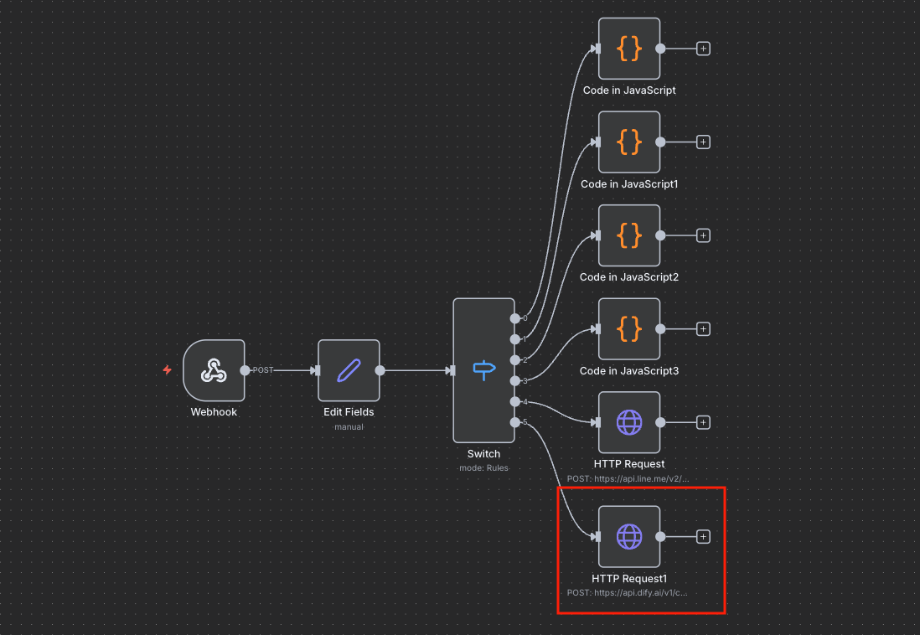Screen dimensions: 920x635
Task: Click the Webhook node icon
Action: click(x=214, y=370)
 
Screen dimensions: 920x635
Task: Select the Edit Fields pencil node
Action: click(x=349, y=370)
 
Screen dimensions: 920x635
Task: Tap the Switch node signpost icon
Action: click(x=484, y=370)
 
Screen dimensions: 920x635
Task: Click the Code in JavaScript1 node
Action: click(x=629, y=142)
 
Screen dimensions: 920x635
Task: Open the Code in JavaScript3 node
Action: click(x=629, y=328)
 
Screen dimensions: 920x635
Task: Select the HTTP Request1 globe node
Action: click(x=629, y=536)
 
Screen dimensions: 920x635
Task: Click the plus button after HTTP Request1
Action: click(x=703, y=536)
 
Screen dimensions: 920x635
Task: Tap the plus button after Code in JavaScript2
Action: click(x=703, y=235)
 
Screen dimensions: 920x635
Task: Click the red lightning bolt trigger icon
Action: click(x=168, y=369)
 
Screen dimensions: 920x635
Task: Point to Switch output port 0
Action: click(x=514, y=318)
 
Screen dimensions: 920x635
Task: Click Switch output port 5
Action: click(x=514, y=422)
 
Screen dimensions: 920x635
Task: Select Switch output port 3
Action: click(x=514, y=381)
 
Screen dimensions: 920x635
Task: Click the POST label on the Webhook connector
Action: click(x=263, y=370)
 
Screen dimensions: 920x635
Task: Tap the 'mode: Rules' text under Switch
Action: click(x=483, y=467)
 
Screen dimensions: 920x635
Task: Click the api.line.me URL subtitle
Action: click(x=628, y=478)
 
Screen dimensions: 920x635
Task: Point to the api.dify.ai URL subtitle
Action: click(x=627, y=593)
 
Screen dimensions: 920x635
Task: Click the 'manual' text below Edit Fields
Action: click(x=349, y=426)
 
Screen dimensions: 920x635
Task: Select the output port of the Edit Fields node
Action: click(x=380, y=370)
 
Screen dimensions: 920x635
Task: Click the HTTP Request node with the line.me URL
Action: click(x=629, y=422)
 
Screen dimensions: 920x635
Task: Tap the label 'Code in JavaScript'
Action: click(x=629, y=90)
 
